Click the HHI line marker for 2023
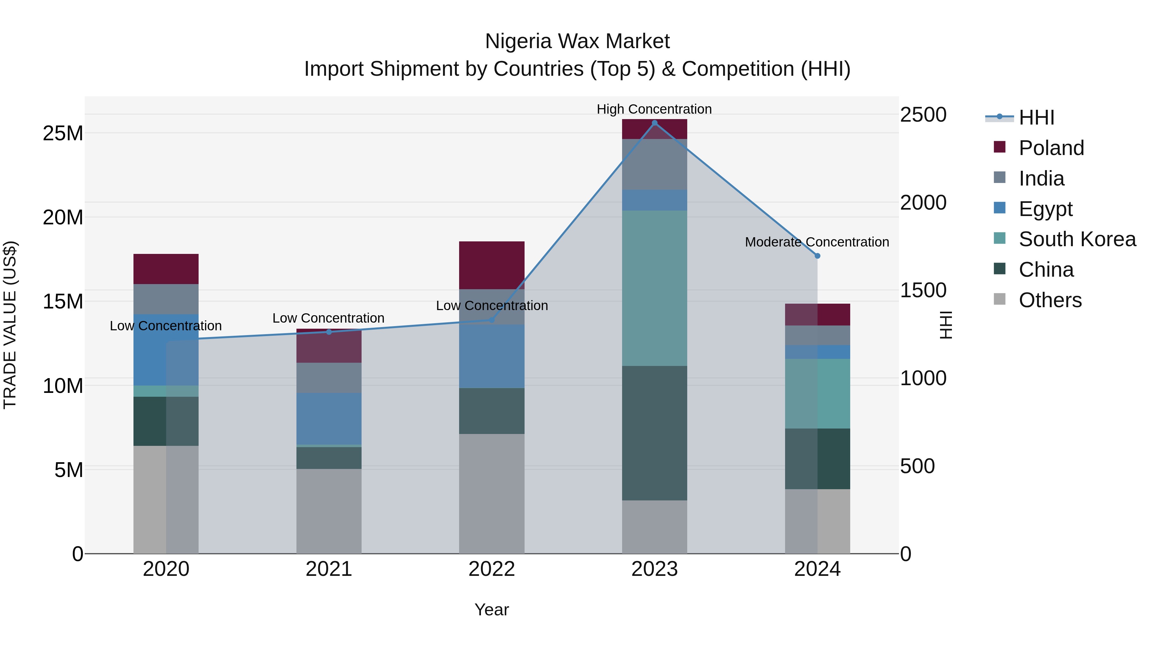click(654, 123)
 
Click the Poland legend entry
click(1051, 148)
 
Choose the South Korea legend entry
click(1077, 239)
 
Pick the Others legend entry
click(1050, 300)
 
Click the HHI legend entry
click(1036, 117)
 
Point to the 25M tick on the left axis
click(63, 133)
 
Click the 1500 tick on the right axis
click(923, 290)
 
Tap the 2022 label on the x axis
click(492, 569)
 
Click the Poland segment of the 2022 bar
click(492, 265)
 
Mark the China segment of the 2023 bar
click(654, 433)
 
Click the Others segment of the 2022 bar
click(492, 493)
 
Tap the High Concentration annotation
click(654, 109)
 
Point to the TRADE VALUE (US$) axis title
click(10, 325)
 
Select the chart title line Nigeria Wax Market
click(577, 41)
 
